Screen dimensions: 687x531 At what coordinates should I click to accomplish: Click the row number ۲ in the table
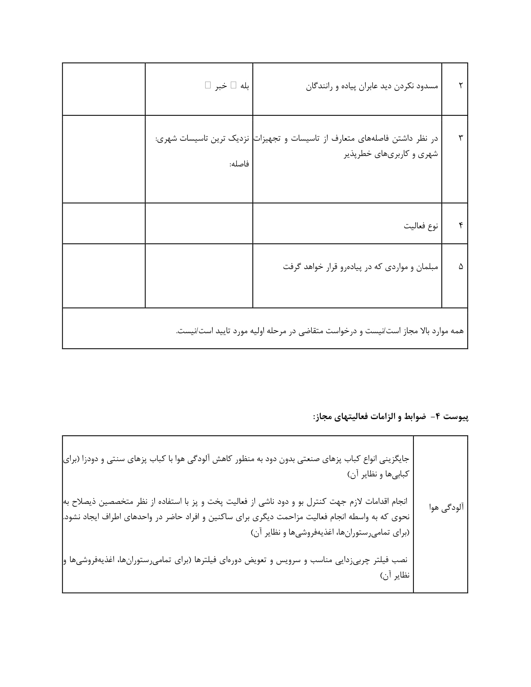click(460, 86)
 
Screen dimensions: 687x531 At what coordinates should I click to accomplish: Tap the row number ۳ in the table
click(460, 138)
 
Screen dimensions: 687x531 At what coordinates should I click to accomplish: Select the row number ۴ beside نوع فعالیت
click(460, 225)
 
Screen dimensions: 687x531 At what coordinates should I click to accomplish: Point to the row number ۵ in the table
click(460, 267)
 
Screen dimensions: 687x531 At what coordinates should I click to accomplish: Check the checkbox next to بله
click(233, 85)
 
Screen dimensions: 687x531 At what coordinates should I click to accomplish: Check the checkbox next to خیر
click(208, 85)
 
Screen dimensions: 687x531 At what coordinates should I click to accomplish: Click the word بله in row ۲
click(245, 86)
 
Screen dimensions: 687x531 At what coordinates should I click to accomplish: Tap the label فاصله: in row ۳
click(239, 164)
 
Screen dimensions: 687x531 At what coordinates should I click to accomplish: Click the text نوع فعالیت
click(421, 226)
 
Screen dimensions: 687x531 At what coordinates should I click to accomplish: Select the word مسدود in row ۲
click(427, 86)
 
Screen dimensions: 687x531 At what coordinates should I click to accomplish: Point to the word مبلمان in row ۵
click(427, 267)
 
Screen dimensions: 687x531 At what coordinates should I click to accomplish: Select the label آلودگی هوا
click(447, 507)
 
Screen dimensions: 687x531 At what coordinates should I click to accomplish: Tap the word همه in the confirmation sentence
click(457, 331)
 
